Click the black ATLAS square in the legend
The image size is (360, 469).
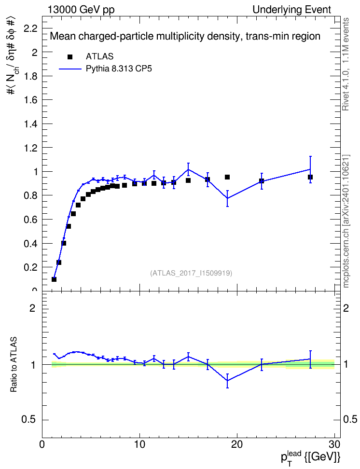70,57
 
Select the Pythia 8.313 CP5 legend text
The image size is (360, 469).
119,69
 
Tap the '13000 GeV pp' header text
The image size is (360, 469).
81,10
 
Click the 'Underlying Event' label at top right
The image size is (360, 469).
292,10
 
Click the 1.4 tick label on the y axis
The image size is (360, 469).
30,124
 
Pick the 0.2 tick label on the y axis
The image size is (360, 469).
30,267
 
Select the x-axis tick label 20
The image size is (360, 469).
237,444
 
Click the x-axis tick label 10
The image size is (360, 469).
139,444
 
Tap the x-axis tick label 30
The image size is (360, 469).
334,444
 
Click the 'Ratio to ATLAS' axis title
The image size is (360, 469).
14,364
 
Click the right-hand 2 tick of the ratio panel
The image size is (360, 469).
346,308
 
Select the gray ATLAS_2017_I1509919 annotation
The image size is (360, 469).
191,273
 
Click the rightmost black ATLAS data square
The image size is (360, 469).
310,177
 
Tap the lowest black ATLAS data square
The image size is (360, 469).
54,279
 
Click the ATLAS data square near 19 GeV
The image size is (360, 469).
227,177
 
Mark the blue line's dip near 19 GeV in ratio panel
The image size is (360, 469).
227,381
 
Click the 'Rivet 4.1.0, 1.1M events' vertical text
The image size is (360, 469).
346,64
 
